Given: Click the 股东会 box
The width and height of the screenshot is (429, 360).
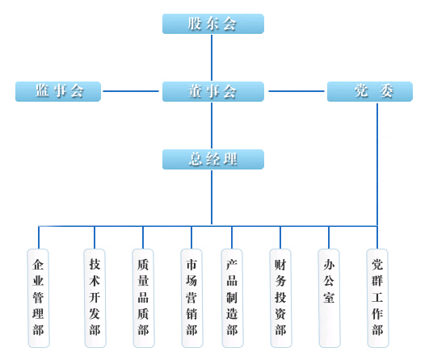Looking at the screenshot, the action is [x=213, y=23].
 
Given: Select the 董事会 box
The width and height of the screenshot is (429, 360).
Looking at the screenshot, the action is [x=213, y=91].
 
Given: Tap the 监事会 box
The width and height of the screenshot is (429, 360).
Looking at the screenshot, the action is [x=58, y=91].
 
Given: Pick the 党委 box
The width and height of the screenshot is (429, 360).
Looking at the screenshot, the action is [x=370, y=91].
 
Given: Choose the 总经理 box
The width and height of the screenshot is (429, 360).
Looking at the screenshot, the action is [x=213, y=159].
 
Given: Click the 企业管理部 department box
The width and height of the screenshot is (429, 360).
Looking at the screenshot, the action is [x=39, y=298].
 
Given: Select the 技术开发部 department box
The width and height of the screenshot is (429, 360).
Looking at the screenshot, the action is [x=95, y=298].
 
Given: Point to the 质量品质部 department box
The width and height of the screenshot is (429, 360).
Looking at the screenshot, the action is [x=143, y=298].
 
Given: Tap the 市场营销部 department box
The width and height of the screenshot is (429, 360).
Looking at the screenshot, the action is [x=191, y=298].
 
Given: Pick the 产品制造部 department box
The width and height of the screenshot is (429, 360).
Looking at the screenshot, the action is [x=233, y=298].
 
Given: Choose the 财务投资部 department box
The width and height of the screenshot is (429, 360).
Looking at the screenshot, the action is [x=280, y=298].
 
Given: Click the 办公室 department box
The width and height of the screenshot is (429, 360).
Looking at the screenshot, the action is [x=329, y=298].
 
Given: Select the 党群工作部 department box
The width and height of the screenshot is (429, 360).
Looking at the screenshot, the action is [x=377, y=298].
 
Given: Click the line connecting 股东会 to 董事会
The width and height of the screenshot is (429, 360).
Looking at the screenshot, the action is [x=212, y=57].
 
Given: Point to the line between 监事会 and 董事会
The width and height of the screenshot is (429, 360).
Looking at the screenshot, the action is [x=131, y=91].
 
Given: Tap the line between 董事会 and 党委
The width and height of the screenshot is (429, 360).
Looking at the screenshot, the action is [x=297, y=91].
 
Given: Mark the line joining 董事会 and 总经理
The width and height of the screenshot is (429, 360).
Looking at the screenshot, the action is [x=212, y=125].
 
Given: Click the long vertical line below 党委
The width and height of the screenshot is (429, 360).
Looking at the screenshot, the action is [x=377, y=165].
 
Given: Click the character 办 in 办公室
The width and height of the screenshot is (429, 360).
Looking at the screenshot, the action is [x=329, y=265].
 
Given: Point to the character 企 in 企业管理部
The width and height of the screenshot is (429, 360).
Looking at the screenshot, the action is [x=38, y=265].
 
